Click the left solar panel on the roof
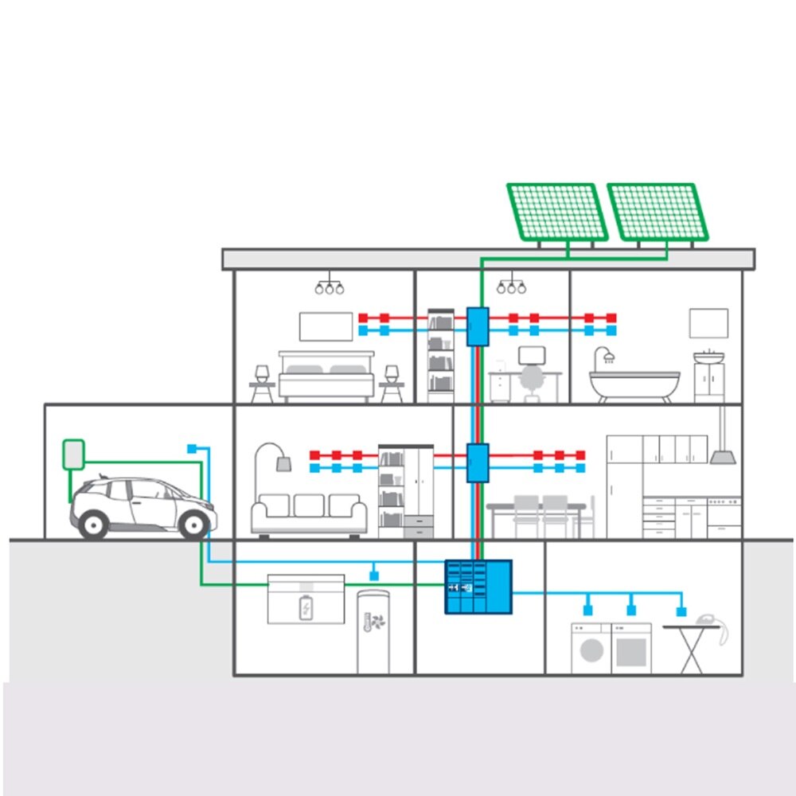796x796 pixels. tap(557, 212)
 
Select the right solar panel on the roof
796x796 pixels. tap(657, 212)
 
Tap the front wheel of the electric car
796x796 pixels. tap(193, 524)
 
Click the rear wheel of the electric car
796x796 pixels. tap(94, 523)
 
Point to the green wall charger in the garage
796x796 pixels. tap(73, 454)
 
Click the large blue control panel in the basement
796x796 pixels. tap(478, 587)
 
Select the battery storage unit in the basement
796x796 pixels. tap(306, 599)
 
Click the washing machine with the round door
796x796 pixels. tap(591, 649)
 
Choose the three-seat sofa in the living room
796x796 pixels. tap(309, 513)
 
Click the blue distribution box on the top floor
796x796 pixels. tap(477, 326)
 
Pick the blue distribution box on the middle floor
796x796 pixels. tap(477, 462)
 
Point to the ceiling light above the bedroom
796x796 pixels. tap(328, 287)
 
